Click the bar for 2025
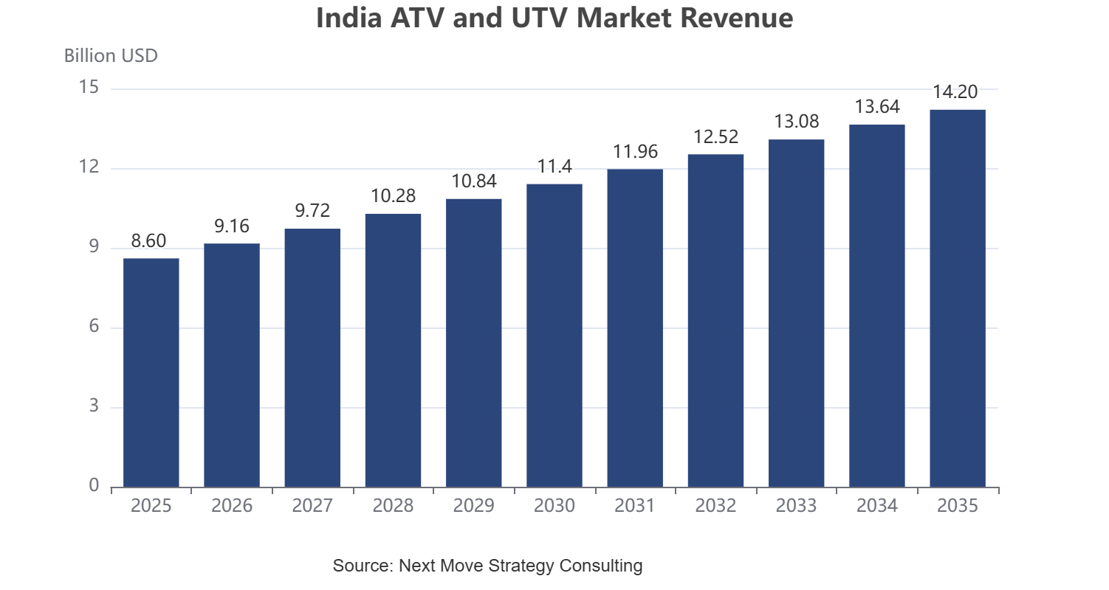[x=151, y=373]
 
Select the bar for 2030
[x=554, y=336]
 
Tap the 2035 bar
[x=958, y=299]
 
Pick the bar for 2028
[x=393, y=350]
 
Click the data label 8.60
[x=148, y=241]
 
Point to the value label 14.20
[x=955, y=92]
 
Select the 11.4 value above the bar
[x=554, y=167]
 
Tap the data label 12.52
[x=715, y=136]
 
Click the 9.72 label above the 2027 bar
[x=312, y=211]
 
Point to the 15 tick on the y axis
[x=89, y=87]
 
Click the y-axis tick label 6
[x=94, y=326]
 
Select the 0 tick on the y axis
[x=94, y=485]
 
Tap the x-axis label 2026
[x=232, y=505]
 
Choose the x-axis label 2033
[x=796, y=505]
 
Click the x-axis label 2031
[x=635, y=505]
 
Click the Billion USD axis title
[x=111, y=55]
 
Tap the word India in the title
[x=349, y=18]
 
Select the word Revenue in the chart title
[x=737, y=18]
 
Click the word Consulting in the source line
[x=600, y=566]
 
